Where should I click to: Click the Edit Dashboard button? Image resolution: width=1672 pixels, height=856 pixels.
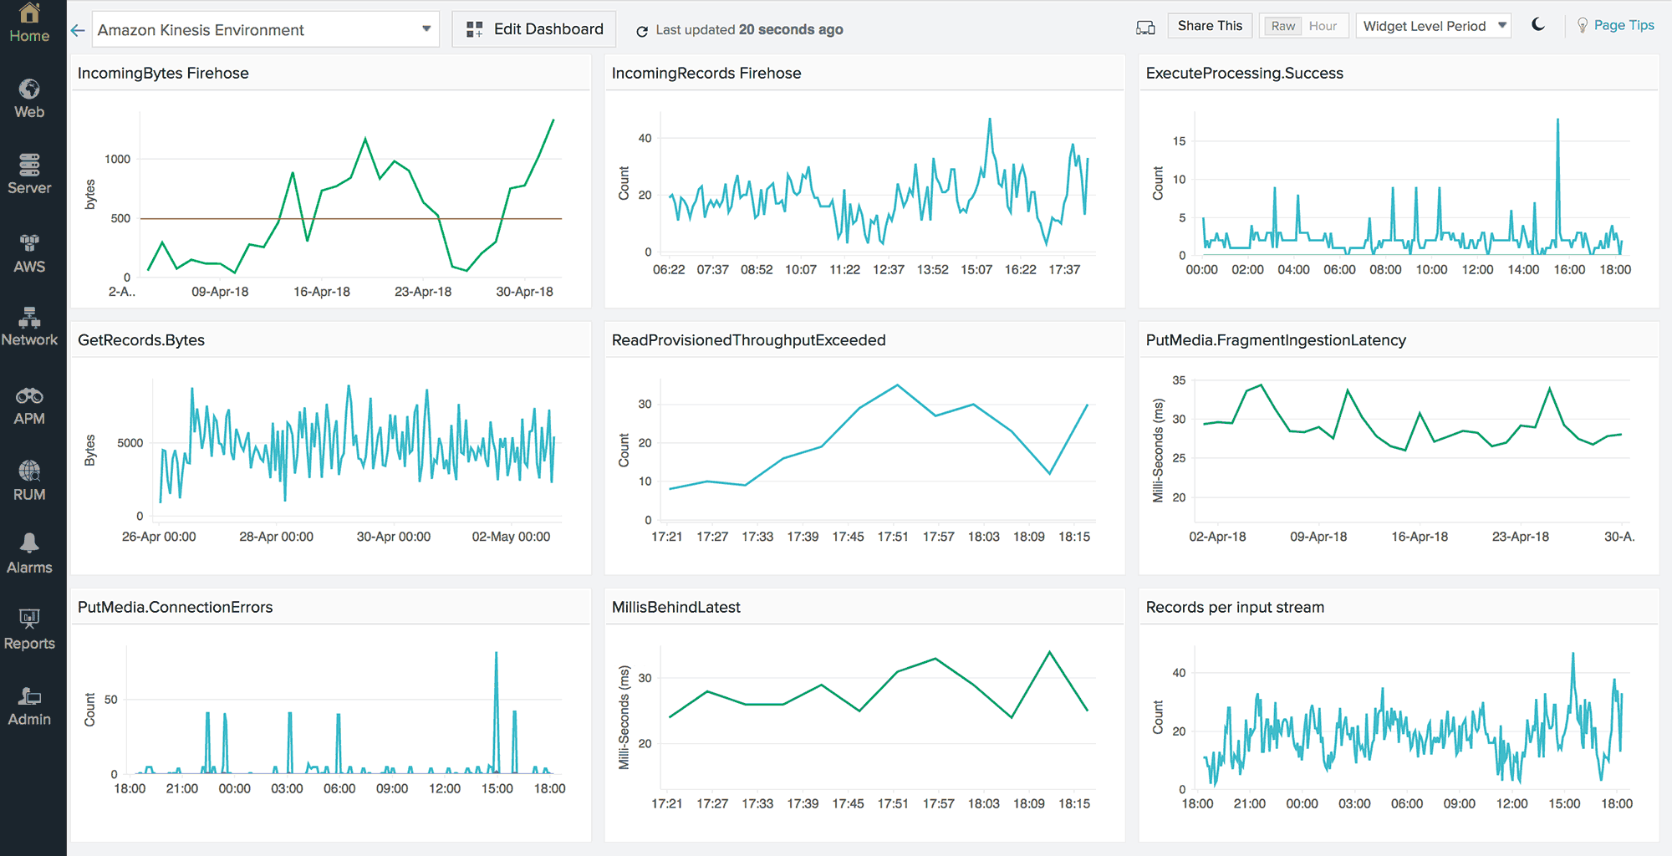(x=534, y=29)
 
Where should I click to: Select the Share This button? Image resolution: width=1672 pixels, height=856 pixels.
(x=1209, y=26)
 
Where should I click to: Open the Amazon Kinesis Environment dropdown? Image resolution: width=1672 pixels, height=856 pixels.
(x=265, y=30)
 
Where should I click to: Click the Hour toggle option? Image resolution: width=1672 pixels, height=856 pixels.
(x=1323, y=26)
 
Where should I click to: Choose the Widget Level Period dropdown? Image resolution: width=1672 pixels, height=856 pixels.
(x=1433, y=26)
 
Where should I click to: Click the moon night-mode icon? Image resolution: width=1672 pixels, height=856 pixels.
(x=1538, y=25)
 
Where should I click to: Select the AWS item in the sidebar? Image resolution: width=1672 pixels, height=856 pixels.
(x=29, y=253)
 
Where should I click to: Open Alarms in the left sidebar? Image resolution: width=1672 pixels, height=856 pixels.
(x=29, y=553)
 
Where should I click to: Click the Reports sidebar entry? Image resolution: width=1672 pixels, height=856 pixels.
(x=29, y=629)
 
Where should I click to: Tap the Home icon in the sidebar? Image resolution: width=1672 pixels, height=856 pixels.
(x=29, y=23)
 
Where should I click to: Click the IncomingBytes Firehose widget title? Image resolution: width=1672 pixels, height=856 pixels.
(x=163, y=74)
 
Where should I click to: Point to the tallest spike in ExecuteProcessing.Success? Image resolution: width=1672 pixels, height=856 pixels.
(x=1557, y=120)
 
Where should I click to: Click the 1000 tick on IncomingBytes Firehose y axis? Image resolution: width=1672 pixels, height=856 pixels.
(x=117, y=159)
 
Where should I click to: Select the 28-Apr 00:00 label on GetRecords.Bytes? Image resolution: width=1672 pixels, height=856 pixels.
(x=276, y=537)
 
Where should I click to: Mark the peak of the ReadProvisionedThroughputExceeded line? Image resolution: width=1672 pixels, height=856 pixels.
(x=897, y=385)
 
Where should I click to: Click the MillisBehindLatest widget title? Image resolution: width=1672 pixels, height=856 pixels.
(x=675, y=608)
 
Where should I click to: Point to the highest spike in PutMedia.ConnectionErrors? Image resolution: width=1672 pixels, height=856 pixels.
(x=497, y=654)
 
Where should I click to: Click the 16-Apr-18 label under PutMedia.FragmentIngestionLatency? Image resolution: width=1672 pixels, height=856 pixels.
(x=1419, y=537)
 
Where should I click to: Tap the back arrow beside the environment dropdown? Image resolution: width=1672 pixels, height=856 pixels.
(x=78, y=30)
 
